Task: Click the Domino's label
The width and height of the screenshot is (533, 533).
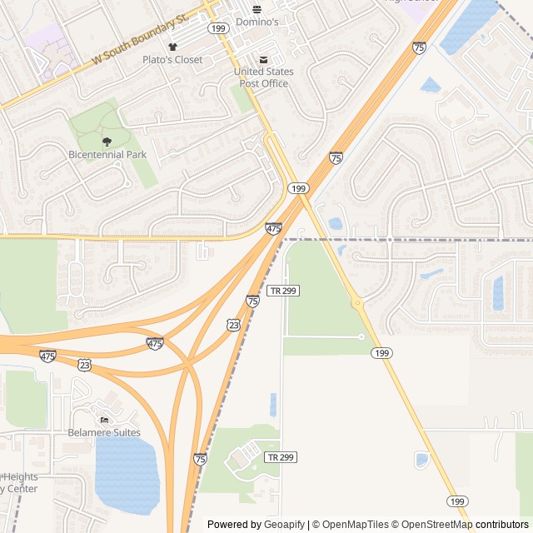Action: pos(257,22)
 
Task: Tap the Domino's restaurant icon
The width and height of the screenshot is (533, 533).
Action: pos(257,9)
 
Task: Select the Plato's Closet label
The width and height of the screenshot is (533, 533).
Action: pos(172,60)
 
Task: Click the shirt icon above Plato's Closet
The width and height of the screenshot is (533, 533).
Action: pos(172,47)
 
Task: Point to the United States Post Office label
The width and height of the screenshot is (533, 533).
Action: pos(262,77)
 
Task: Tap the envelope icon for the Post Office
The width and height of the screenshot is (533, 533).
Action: pos(264,59)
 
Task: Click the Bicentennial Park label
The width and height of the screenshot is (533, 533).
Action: pos(107,155)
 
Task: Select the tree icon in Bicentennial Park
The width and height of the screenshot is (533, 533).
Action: pos(106,142)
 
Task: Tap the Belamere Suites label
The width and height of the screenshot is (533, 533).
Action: pos(104,432)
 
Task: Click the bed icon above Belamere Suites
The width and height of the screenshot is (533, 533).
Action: pos(103,419)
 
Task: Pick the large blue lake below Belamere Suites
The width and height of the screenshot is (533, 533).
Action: pos(127,471)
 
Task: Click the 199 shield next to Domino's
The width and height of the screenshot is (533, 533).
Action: pos(218,28)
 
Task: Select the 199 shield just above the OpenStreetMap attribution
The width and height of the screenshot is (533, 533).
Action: pos(456,501)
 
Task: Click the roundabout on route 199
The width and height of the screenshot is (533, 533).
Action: pos(358,304)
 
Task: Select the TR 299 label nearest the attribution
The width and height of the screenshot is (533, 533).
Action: pos(281,457)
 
